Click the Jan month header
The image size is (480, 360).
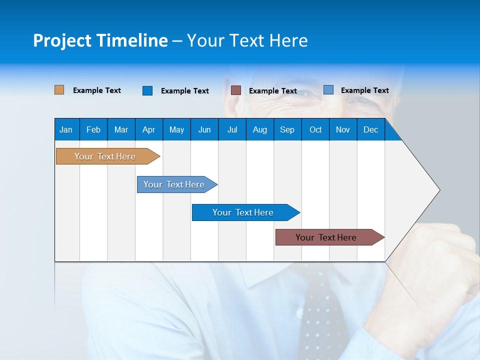(x=66, y=129)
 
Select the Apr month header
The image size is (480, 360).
(x=148, y=129)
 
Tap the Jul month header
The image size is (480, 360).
(x=232, y=129)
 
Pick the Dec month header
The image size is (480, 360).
(x=370, y=129)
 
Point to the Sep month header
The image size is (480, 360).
(x=287, y=129)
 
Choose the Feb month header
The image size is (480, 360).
(x=93, y=129)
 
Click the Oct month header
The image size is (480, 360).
(x=315, y=129)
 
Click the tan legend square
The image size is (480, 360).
(x=59, y=90)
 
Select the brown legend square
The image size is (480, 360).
(x=236, y=90)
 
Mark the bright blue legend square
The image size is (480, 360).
(x=147, y=90)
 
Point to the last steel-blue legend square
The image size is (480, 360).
(x=328, y=90)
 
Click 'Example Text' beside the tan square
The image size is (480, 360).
(x=97, y=90)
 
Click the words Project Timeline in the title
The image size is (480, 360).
(x=100, y=40)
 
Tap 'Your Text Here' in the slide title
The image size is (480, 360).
(x=247, y=40)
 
